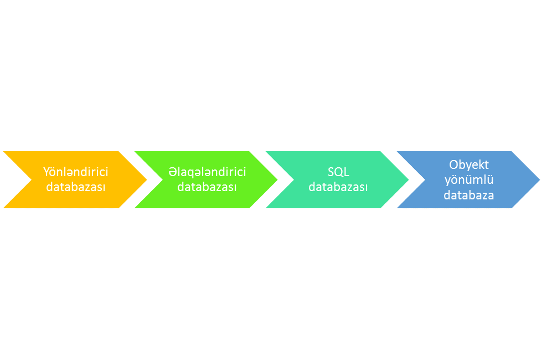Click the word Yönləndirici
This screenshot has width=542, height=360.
(76, 172)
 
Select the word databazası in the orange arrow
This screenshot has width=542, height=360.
(76, 187)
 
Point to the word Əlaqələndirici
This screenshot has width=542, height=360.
(207, 172)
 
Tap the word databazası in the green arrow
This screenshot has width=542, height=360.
(207, 187)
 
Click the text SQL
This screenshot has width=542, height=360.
(338, 172)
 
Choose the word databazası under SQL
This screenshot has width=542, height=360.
(338, 187)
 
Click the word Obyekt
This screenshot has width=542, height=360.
(469, 164)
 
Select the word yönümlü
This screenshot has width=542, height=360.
(469, 180)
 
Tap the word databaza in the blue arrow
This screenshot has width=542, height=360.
(469, 195)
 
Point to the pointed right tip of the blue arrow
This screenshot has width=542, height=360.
(540, 180)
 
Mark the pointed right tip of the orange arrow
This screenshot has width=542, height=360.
(147, 180)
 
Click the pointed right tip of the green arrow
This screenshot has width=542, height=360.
(277, 180)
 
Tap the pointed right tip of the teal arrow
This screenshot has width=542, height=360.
(409, 180)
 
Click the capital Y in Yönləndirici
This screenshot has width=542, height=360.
(47, 172)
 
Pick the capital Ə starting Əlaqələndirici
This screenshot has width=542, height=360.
(172, 172)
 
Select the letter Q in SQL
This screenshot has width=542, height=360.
(339, 172)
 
